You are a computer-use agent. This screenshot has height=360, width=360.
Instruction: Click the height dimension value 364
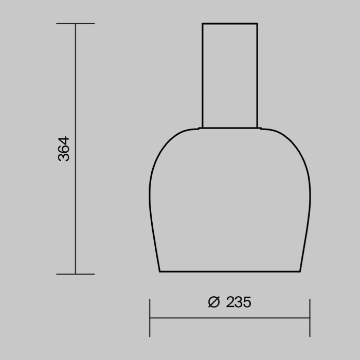[x=64, y=149]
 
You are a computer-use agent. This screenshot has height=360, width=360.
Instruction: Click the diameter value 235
[x=239, y=302]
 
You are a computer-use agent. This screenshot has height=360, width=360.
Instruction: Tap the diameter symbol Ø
[x=213, y=302]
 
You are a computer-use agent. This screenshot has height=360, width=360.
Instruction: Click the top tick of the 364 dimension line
[x=76, y=24]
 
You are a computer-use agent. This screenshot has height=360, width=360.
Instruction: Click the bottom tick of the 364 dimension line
[x=76, y=274]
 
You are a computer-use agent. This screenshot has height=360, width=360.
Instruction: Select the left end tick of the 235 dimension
[x=150, y=318]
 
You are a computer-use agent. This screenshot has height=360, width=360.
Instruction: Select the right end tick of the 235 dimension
[x=310, y=318]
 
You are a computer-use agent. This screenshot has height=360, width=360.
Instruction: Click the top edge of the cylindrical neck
[x=229, y=24]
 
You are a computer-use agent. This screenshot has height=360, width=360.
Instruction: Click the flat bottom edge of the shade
[x=229, y=271]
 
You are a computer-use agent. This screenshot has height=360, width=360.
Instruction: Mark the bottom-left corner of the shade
[x=159, y=271]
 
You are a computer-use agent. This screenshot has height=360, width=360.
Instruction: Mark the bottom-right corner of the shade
[x=300, y=271]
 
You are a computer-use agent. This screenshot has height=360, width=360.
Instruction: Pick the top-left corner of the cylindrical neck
[x=202, y=24]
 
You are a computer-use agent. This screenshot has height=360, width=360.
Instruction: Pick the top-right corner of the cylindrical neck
[x=257, y=24]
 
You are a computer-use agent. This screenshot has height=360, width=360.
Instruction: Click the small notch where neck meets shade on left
[x=200, y=128]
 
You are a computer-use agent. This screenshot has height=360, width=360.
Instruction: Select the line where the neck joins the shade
[x=229, y=128]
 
